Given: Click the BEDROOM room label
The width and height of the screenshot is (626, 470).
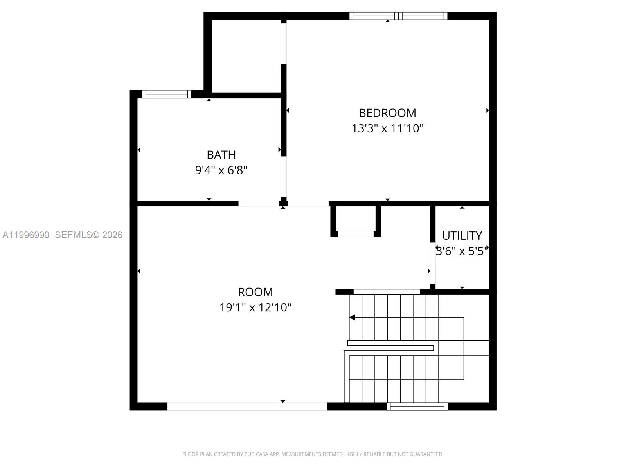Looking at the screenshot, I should pos(387,113).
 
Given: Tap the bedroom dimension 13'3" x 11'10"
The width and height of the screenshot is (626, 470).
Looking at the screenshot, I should pos(387,128).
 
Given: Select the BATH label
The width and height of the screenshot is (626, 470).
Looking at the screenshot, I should pos(221,155).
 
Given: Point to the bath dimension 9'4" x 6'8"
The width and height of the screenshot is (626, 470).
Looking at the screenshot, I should pos(221,170).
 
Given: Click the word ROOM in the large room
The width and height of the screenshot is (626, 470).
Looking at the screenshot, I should pos(255,292).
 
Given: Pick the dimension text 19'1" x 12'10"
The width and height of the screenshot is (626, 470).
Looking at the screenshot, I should pos(255,307).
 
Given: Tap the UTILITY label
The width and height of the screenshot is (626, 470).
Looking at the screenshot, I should pos(462,236).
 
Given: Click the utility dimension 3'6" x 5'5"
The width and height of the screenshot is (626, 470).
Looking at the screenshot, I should pos(462,251).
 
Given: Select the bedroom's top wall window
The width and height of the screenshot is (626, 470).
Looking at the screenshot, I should pos(398,16).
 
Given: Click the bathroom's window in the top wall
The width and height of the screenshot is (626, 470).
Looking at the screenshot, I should pos(167,94).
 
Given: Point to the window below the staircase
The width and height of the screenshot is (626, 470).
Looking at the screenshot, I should pos(417,407).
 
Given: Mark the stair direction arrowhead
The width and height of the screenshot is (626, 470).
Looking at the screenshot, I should pos(352,317).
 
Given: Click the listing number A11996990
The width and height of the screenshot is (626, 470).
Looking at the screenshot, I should pos(26,235).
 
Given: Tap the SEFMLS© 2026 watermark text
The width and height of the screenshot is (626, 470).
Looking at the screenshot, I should pos(88,235).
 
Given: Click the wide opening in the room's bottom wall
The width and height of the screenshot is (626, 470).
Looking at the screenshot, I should pos(247,407).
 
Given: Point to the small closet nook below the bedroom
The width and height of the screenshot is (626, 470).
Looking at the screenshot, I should pos(355,220).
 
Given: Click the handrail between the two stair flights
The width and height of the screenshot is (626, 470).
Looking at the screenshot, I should pos(390,348).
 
